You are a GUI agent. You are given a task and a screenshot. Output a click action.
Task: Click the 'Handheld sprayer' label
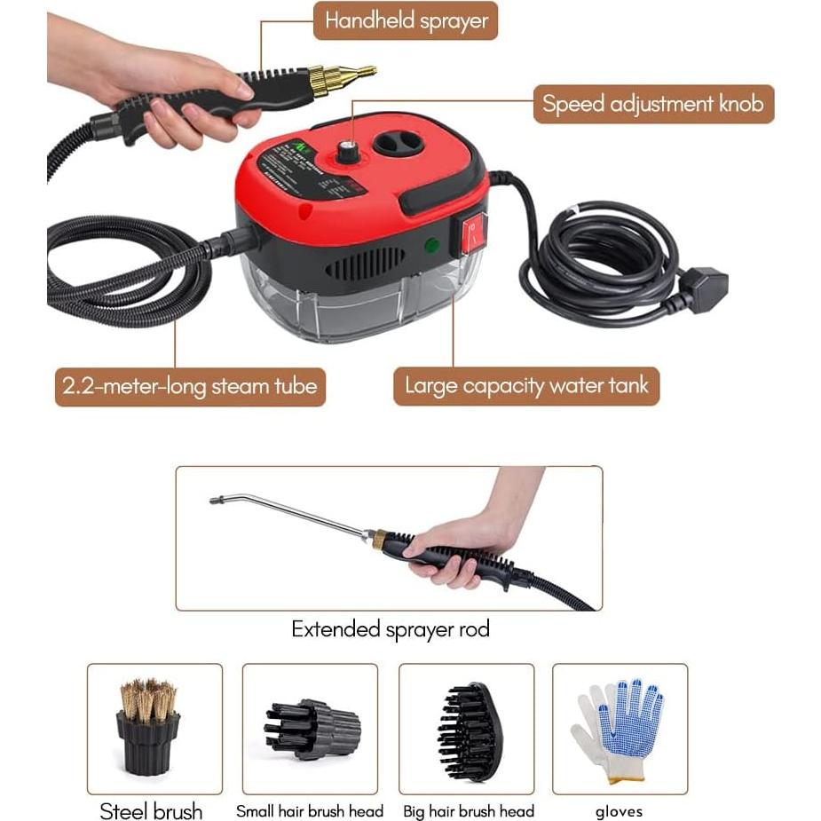pyautogui.click(x=406, y=20)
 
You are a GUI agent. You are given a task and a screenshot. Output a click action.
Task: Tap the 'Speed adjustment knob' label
pyautogui.click(x=652, y=104)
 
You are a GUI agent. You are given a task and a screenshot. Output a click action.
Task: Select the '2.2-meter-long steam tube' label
pyautogui.click(x=190, y=387)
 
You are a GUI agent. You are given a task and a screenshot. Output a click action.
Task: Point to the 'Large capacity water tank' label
pyautogui.click(x=526, y=386)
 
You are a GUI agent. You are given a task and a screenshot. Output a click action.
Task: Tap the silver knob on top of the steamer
pyautogui.click(x=347, y=152)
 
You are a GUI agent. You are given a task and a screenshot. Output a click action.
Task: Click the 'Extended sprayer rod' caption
pyautogui.click(x=391, y=630)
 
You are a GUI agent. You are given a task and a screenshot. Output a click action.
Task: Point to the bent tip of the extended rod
pyautogui.click(x=217, y=501)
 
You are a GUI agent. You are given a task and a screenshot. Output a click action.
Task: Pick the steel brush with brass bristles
pyautogui.click(x=148, y=725)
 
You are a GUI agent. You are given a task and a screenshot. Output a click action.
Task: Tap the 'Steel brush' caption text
pyautogui.click(x=151, y=811)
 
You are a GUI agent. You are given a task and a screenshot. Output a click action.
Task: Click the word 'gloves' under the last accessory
pyautogui.click(x=619, y=811)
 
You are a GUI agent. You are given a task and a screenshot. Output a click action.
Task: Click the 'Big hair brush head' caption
pyautogui.click(x=469, y=811)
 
